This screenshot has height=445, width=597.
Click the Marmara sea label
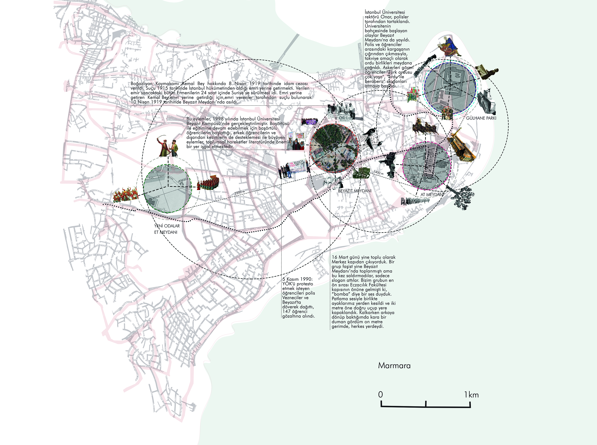coord(394,366)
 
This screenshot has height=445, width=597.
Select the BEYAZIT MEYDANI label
coord(355,191)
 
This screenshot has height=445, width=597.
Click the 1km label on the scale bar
coord(471,395)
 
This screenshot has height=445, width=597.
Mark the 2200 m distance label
coord(239,193)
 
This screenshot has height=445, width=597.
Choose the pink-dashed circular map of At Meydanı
coord(426,165)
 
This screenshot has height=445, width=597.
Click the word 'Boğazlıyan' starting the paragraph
coord(142,84)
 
